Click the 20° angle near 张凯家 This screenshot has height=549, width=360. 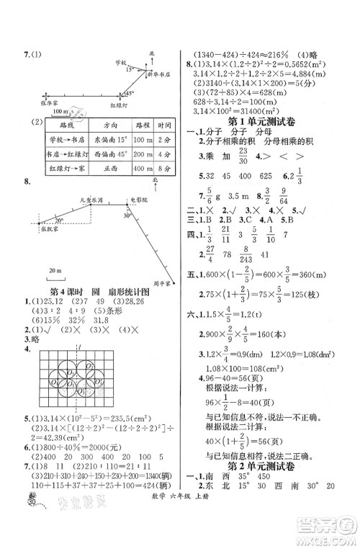[58, 219]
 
